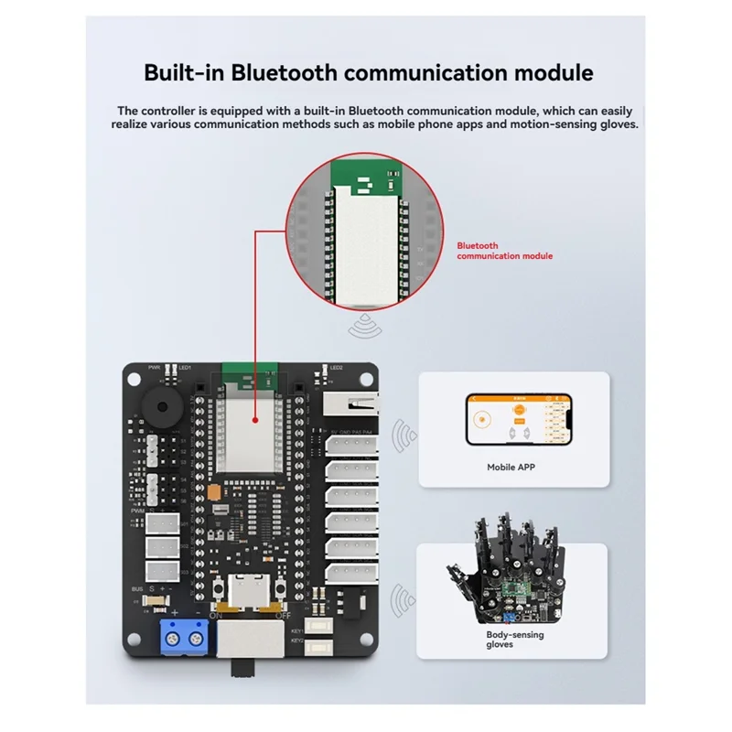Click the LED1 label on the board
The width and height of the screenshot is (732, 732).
(185, 368)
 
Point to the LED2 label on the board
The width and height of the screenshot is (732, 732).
(335, 368)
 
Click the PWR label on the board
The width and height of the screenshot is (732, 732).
(154, 368)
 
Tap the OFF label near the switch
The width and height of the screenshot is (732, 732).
(283, 615)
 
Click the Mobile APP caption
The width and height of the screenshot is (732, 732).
(512, 467)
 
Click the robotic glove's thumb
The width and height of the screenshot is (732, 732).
(455, 576)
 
